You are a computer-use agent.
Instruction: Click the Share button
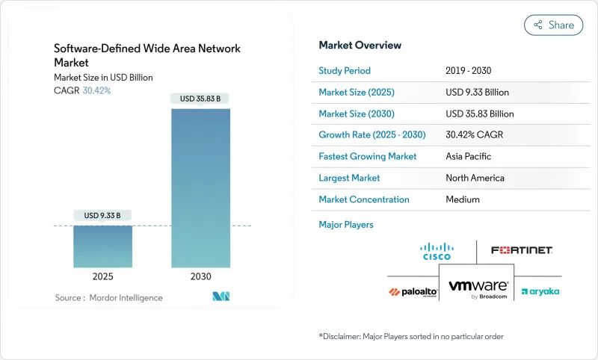point(553,25)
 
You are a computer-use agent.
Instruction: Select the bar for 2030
point(200,187)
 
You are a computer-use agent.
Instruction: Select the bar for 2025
point(103,246)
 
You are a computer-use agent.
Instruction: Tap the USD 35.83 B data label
point(200,99)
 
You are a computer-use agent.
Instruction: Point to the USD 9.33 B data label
point(103,216)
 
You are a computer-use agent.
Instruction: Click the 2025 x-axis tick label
point(103,276)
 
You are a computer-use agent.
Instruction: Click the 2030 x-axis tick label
point(200,276)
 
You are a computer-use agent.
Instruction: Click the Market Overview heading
point(360,46)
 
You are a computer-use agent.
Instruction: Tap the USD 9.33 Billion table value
point(477,93)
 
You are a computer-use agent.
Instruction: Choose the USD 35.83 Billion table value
point(479,114)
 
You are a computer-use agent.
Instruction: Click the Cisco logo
point(437,251)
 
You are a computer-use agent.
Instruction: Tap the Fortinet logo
point(522,249)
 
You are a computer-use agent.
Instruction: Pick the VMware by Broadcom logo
point(478,289)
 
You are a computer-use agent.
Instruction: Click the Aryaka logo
point(540,291)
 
